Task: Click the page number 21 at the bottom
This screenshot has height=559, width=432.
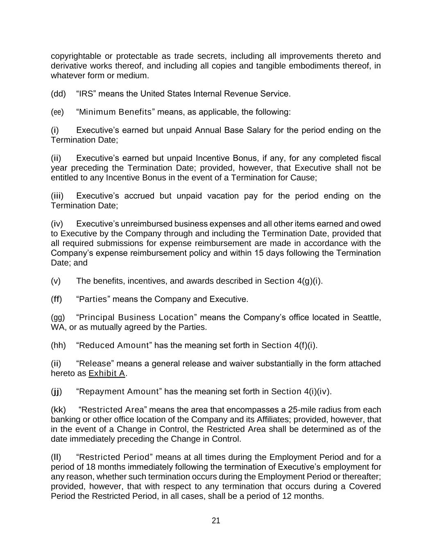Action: (216, 521)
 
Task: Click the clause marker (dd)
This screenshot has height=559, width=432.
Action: (58, 94)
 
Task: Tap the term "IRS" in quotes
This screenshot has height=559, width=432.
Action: (86, 94)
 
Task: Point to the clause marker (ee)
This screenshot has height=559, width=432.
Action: (57, 112)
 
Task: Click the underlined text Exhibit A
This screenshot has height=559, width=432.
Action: (106, 373)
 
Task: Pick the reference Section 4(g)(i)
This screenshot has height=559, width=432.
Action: (293, 281)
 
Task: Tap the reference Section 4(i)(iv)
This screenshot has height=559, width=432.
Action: (301, 392)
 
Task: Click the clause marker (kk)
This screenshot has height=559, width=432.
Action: (58, 410)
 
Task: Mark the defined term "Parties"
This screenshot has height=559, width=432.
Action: (93, 299)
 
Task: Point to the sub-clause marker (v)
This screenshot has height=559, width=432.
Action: (56, 281)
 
